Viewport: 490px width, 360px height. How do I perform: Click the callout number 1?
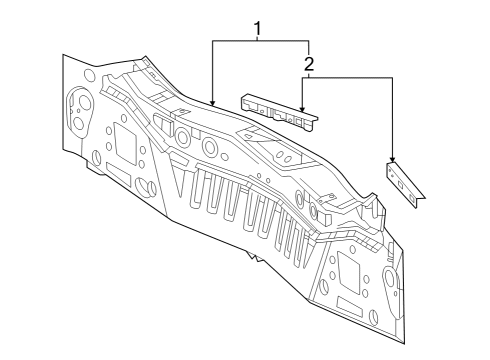point(257,29)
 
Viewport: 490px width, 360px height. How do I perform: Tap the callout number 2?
point(309,64)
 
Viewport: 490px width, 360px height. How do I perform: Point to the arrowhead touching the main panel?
point(213,102)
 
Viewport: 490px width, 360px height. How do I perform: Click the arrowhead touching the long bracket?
point(302,108)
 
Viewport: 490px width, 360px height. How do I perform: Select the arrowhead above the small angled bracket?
point(392,159)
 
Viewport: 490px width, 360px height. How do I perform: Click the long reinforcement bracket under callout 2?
point(279,112)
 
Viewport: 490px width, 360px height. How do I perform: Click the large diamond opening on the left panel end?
point(125,143)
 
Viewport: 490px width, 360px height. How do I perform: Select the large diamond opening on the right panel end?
point(348,272)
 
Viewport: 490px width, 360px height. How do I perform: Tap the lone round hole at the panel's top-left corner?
point(89,74)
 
